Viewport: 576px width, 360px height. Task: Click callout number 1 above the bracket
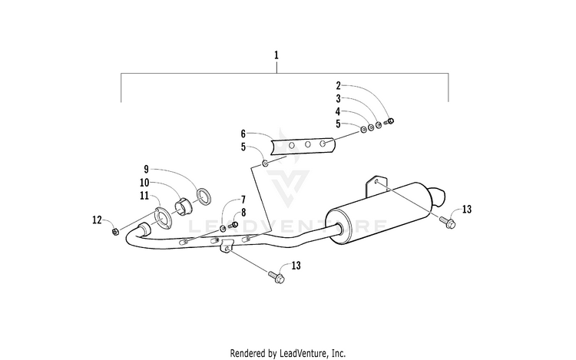pos(276,55)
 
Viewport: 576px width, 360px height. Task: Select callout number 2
pos(337,86)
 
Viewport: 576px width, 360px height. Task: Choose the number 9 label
pos(145,169)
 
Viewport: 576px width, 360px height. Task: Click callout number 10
pos(144,183)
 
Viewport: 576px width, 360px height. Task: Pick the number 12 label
pos(97,220)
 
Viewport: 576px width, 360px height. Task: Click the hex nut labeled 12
pos(115,231)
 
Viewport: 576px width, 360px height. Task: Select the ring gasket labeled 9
pos(204,196)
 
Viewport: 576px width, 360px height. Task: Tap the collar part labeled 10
pos(184,206)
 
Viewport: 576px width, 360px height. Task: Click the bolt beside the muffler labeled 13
pos(448,223)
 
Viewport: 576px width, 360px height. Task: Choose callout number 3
pos(337,99)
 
